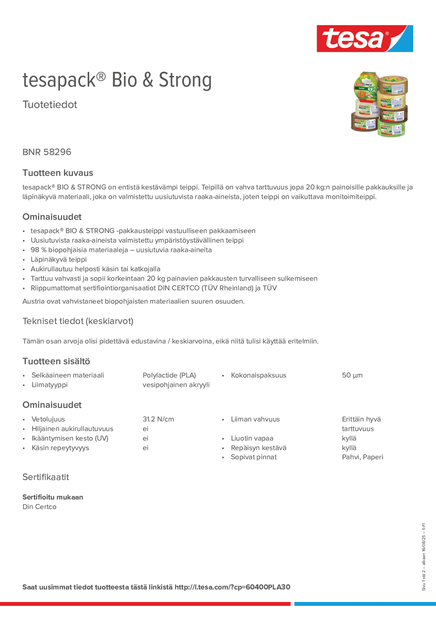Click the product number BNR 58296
click(47, 152)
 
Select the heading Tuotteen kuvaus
click(58, 173)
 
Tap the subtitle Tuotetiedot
click(50, 105)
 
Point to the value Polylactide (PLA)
click(169, 375)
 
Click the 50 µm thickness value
click(352, 375)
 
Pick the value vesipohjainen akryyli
click(176, 385)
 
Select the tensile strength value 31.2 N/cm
click(158, 419)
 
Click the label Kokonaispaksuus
click(258, 375)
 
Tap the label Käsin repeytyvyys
click(60, 448)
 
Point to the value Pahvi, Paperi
click(362, 457)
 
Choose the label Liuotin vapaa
click(252, 438)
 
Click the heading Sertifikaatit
click(46, 477)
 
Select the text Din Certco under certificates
click(40, 507)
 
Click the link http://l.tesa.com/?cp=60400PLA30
click(232, 587)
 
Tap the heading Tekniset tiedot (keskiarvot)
click(78, 321)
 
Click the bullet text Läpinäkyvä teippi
click(59, 259)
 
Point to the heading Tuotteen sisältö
click(56, 361)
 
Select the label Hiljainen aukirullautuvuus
click(72, 429)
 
